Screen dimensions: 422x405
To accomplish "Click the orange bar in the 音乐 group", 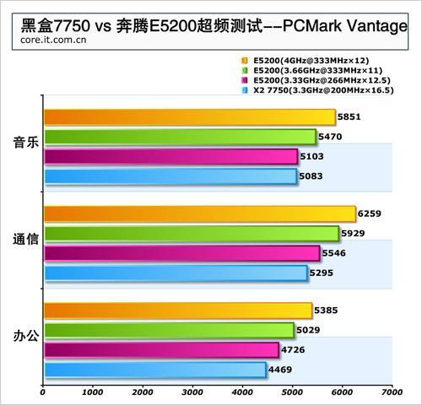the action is click(x=190, y=117).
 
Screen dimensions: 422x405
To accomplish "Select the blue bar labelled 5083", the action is click(x=170, y=176).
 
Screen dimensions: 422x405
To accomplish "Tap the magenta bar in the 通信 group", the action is click(x=182, y=253).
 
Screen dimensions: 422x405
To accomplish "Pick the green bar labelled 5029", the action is click(x=170, y=330).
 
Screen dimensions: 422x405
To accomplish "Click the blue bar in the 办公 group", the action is click(x=155, y=370).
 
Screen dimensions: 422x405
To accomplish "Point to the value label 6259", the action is click(x=370, y=213).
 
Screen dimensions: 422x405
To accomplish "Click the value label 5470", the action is click(x=330, y=137).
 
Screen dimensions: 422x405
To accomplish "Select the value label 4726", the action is click(x=293, y=350).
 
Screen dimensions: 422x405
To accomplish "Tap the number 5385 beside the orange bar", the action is click(x=326, y=310).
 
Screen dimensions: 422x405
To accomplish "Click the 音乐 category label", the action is click(x=26, y=142).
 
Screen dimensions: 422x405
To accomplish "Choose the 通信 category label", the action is click(x=26, y=239).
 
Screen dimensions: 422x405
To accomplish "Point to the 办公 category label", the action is click(x=26, y=336).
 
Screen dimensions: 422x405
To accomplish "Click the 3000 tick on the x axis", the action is click(x=192, y=392).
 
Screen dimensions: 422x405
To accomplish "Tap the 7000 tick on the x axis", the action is click(x=392, y=392).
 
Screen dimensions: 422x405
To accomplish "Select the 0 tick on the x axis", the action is click(x=42, y=392).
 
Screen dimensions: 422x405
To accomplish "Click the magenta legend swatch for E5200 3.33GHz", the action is click(x=245, y=80).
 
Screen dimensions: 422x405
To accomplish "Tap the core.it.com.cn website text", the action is click(x=53, y=40).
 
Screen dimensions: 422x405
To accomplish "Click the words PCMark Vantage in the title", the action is click(x=345, y=26).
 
